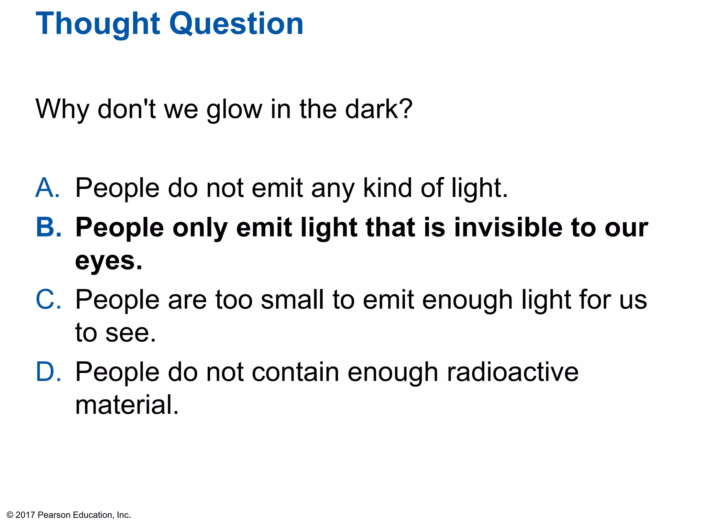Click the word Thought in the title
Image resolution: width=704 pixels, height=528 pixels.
click(x=98, y=24)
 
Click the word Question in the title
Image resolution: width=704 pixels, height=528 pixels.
click(x=236, y=24)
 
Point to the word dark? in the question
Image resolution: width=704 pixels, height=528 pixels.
click(x=378, y=109)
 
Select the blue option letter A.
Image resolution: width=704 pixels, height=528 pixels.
click(x=47, y=188)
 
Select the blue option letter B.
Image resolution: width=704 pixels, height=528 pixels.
click(x=48, y=228)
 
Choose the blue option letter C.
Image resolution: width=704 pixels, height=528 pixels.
click(x=48, y=300)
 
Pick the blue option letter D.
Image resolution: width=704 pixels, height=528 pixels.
click(x=48, y=372)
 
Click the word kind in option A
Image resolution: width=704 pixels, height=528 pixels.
click(x=387, y=188)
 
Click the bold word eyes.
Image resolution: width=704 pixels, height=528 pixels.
click(x=109, y=261)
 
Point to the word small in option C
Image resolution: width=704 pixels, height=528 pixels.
click(x=292, y=300)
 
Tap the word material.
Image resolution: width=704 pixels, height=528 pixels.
click(x=127, y=405)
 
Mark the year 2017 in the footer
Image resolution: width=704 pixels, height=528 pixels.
click(x=25, y=515)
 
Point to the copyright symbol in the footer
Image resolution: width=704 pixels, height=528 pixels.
click(x=10, y=515)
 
